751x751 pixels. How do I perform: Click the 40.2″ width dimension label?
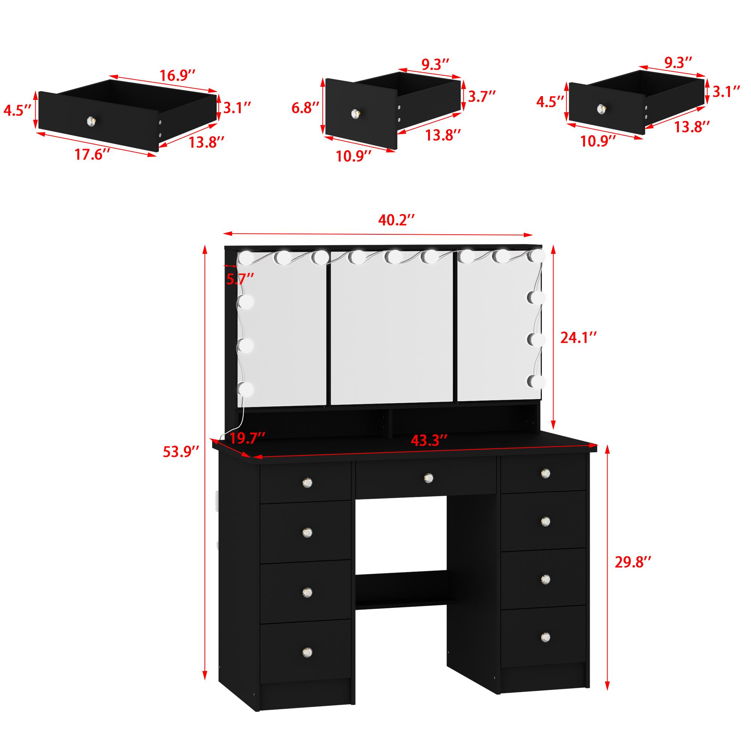[x=395, y=220]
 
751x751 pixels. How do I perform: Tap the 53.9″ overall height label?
[x=181, y=452]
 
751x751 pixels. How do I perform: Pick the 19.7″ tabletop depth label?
[x=247, y=438]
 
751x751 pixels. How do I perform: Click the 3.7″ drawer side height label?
[x=482, y=97]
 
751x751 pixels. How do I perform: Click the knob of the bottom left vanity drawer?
[x=308, y=651]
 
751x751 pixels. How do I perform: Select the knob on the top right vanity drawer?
[x=545, y=473]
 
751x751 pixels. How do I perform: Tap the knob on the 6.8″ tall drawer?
[x=355, y=113]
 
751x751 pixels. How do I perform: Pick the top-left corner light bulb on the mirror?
[x=246, y=257]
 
